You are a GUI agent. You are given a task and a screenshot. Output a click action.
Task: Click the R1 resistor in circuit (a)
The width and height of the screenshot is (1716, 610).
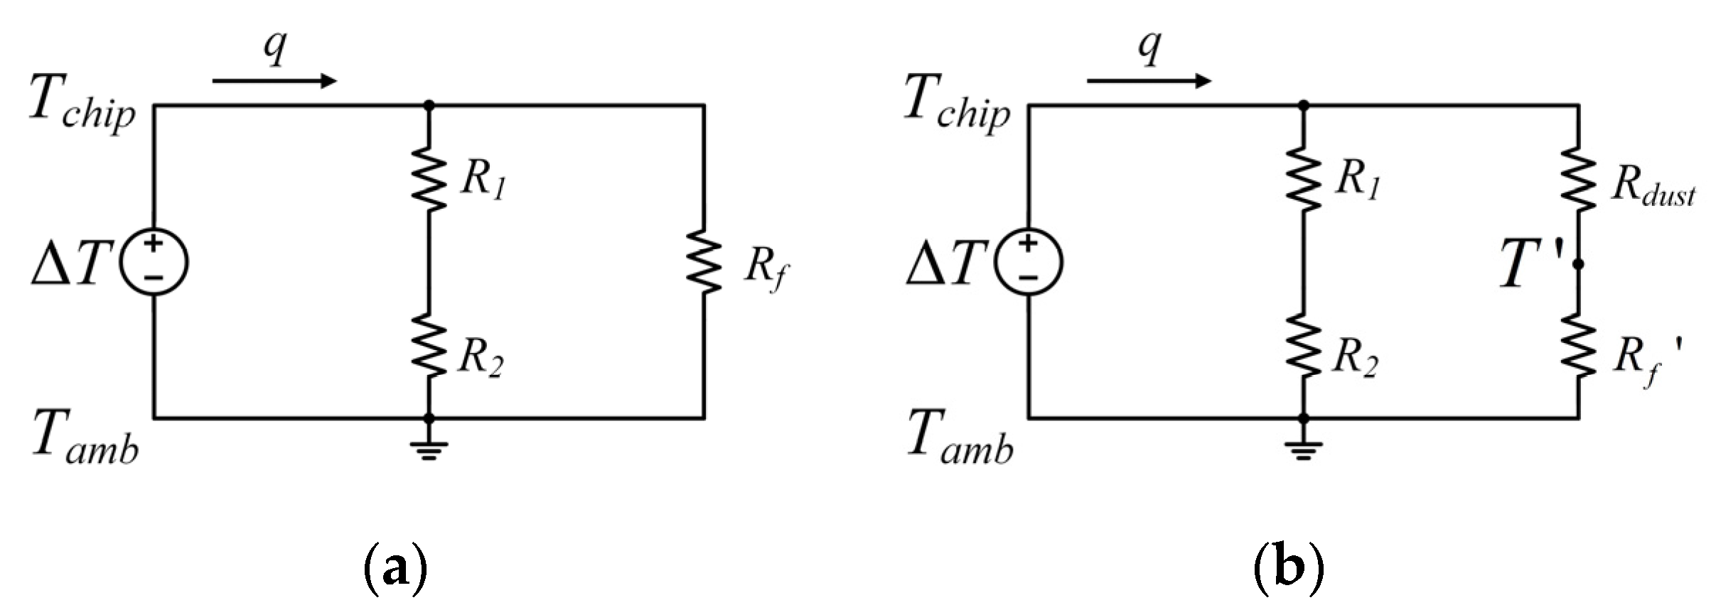[x=429, y=179]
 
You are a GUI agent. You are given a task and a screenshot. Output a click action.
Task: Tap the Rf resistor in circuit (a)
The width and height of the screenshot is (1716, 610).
[x=704, y=261]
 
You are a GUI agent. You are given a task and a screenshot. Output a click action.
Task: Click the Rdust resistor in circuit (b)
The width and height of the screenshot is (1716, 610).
[x=1578, y=179]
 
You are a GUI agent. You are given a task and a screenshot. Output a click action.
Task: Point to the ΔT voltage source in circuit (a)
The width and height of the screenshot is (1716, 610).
[x=154, y=262]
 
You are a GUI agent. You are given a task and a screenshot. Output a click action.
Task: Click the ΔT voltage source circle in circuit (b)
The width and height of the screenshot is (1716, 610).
[x=1028, y=262]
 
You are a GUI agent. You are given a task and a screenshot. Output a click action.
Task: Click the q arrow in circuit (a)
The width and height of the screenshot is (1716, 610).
[x=274, y=81]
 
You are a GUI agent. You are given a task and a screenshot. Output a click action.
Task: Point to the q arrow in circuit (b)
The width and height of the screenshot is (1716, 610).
[x=1149, y=81]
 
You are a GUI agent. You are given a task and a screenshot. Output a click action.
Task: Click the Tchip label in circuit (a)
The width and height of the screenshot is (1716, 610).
[x=82, y=108]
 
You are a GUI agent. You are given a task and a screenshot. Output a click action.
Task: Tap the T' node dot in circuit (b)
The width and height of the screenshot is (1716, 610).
[x=1578, y=264]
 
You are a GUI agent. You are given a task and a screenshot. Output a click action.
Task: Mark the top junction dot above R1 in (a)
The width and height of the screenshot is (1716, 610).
[x=429, y=106]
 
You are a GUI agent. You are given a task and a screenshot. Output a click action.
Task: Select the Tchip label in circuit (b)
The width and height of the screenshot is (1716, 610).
[x=957, y=108]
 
